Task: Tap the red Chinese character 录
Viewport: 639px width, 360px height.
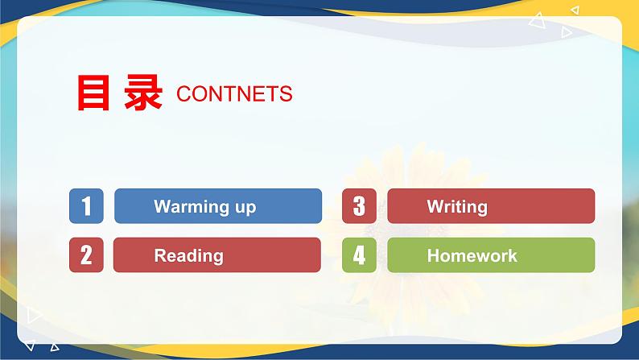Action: click(x=144, y=93)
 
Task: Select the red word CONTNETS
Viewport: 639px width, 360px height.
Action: click(x=234, y=94)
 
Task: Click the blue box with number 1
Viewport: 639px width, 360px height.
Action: click(x=86, y=206)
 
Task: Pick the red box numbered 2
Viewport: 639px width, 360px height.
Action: click(x=86, y=255)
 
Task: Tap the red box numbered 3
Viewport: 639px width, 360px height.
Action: click(x=359, y=206)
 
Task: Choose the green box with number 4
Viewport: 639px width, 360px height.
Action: click(x=359, y=255)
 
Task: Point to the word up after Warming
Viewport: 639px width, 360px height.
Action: click(x=243, y=208)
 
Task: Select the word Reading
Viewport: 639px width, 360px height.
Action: click(x=188, y=256)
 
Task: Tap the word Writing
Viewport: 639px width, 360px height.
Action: click(x=457, y=207)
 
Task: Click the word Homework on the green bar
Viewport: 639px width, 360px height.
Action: click(x=472, y=255)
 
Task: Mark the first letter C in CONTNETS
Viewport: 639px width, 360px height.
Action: click(x=182, y=94)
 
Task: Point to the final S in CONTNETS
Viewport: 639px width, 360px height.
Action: click(x=287, y=94)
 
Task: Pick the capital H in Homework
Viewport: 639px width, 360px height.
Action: click(x=432, y=255)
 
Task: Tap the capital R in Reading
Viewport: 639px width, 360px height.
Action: click(x=159, y=255)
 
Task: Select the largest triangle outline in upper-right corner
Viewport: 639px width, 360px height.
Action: click(x=537, y=23)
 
